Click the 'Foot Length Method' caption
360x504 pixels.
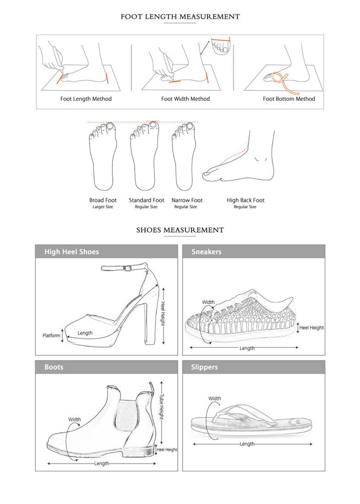pos(86,99)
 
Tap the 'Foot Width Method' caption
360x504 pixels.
pos(185,99)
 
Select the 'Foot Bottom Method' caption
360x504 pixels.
pos(289,99)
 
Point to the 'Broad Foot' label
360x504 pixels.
pos(103,200)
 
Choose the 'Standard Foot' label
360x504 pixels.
pos(146,200)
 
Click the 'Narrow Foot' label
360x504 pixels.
pos(187,200)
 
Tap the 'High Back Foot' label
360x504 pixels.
pos(245,200)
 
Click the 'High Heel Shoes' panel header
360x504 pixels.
pos(71,252)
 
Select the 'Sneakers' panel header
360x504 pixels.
pos(207,252)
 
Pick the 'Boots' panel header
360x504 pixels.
pos(54,367)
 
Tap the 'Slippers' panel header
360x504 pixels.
pos(204,367)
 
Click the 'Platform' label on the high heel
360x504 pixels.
pos(51,335)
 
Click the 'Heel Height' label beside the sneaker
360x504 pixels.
pos(311,328)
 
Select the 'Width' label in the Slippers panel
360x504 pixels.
pos(214,399)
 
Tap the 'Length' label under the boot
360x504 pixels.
pos(102,464)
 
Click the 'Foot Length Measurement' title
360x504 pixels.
pos(180,17)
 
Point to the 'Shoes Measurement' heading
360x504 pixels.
pos(180,230)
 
